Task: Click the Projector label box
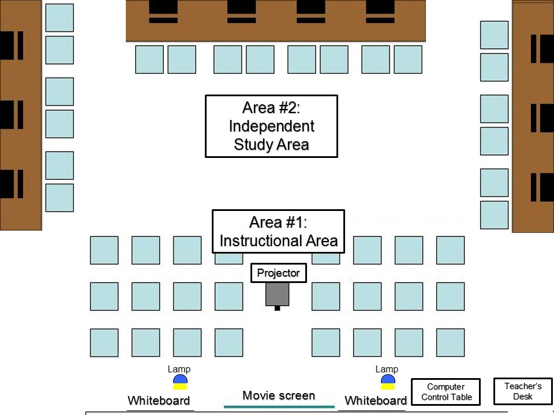click(x=278, y=273)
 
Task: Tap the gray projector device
click(x=278, y=295)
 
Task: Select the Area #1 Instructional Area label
click(x=278, y=232)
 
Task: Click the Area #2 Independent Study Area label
click(x=271, y=126)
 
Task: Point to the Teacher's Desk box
click(x=523, y=391)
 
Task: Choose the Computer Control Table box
click(x=446, y=392)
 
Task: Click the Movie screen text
click(x=279, y=395)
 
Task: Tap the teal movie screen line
click(x=279, y=407)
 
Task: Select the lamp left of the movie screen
click(x=180, y=382)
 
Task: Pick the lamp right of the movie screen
click(x=388, y=382)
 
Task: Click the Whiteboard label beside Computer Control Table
click(x=376, y=401)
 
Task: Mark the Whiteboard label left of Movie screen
click(x=159, y=401)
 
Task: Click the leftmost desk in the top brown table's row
click(x=149, y=59)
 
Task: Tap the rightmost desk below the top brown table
click(x=408, y=59)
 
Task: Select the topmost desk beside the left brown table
click(x=59, y=18)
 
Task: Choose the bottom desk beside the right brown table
click(x=495, y=215)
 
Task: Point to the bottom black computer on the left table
click(x=12, y=184)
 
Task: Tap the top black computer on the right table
click(x=542, y=48)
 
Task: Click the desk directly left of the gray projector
click(x=229, y=296)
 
